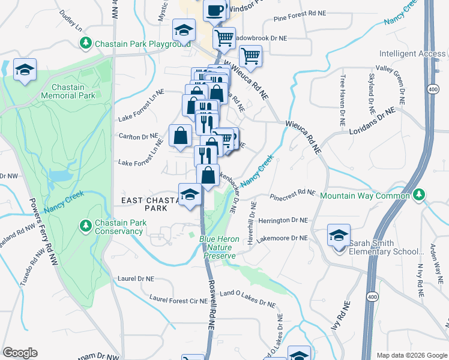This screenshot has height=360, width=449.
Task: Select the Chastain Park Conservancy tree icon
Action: tap(85, 226)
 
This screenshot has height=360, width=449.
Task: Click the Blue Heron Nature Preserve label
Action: tap(220, 247)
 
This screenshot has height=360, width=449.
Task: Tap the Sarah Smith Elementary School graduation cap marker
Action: tap(339, 235)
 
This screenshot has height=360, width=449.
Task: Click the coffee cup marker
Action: tap(214, 10)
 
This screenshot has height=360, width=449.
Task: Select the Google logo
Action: tap(20, 352)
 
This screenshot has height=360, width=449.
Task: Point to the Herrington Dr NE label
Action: tap(282, 221)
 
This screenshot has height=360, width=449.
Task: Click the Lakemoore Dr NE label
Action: tap(282, 238)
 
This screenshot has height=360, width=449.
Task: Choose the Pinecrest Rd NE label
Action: tap(292, 193)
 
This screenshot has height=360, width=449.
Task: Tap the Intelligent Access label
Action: tap(412, 54)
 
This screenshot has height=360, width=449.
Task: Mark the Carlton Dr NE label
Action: tap(138, 136)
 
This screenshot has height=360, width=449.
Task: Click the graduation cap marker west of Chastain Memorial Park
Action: tap(25, 70)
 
